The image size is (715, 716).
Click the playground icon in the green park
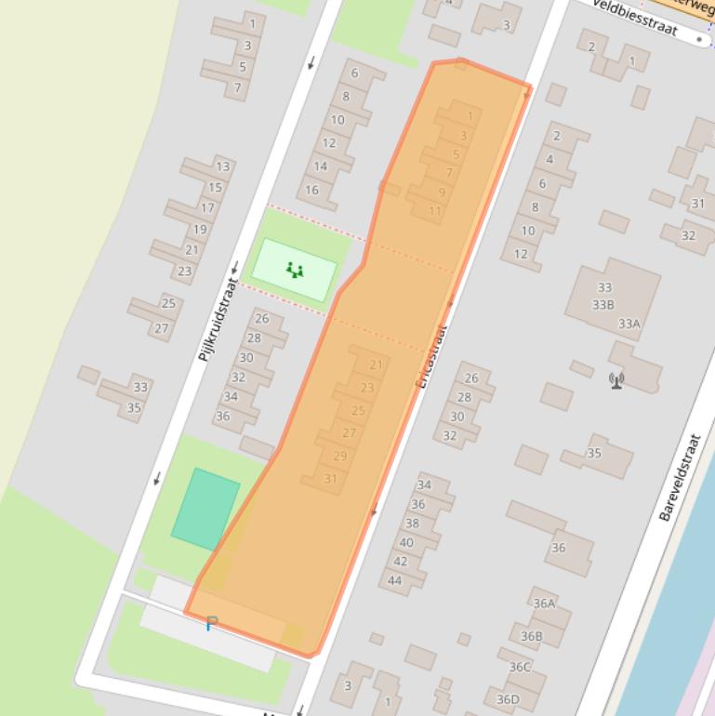pos(295,271)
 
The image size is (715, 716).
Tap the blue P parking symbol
pos(211,624)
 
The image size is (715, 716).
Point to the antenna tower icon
pos(616,379)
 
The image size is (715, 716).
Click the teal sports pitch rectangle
pos(205,508)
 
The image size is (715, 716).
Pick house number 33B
pos(602,304)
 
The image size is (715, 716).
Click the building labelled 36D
pos(508,699)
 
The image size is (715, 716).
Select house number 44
pos(394,580)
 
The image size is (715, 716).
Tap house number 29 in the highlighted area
pos(339,456)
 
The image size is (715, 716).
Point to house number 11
pos(435,211)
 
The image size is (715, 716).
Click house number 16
pos(311,190)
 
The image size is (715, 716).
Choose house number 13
pos(222,166)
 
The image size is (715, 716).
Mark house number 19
pos(200,230)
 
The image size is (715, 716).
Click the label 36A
pos(544,603)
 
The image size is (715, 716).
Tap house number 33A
pos(629,324)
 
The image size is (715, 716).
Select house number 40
pos(406,543)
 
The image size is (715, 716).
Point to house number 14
pos(320,166)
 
